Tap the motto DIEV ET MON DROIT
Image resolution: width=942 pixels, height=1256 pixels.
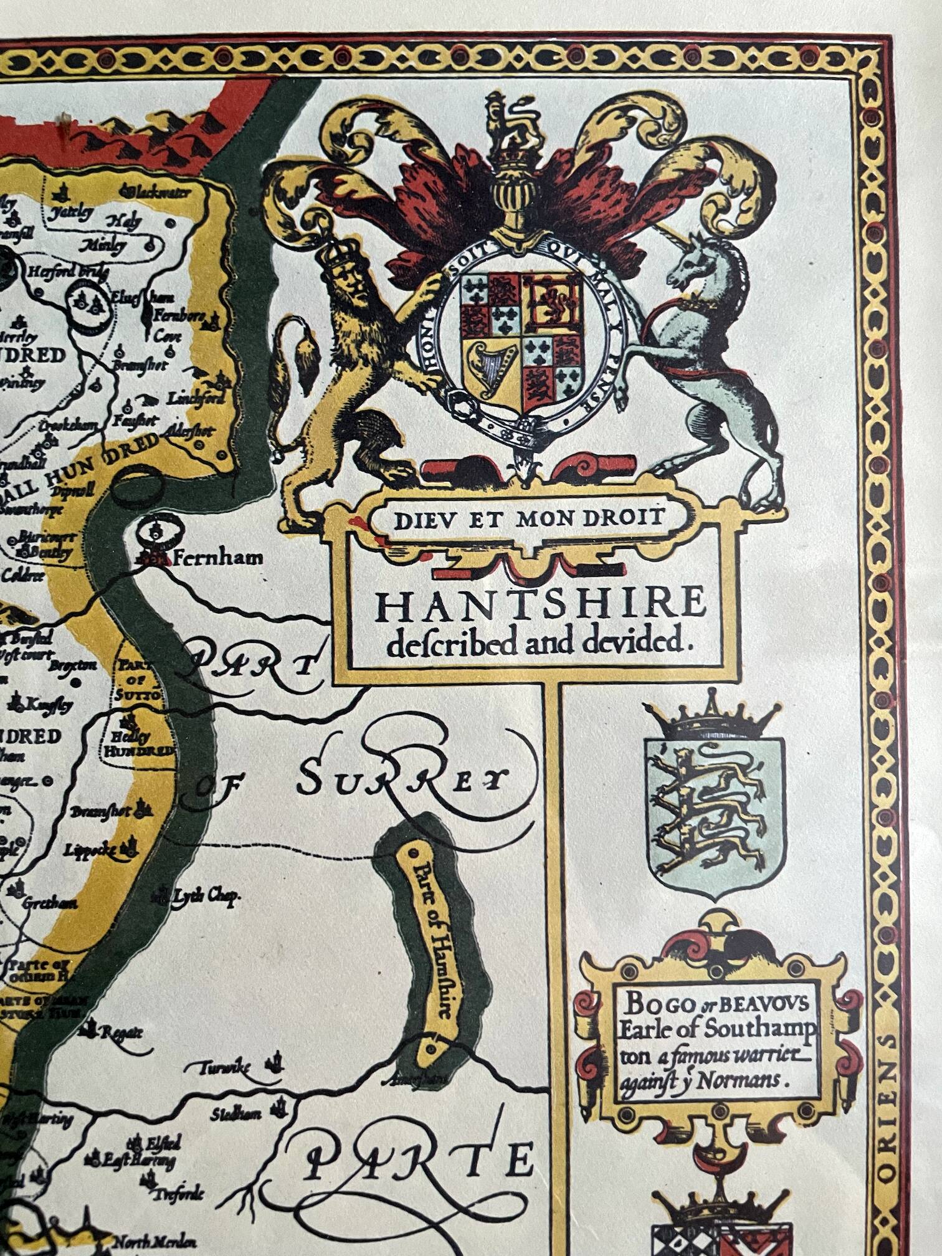pos(530,518)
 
